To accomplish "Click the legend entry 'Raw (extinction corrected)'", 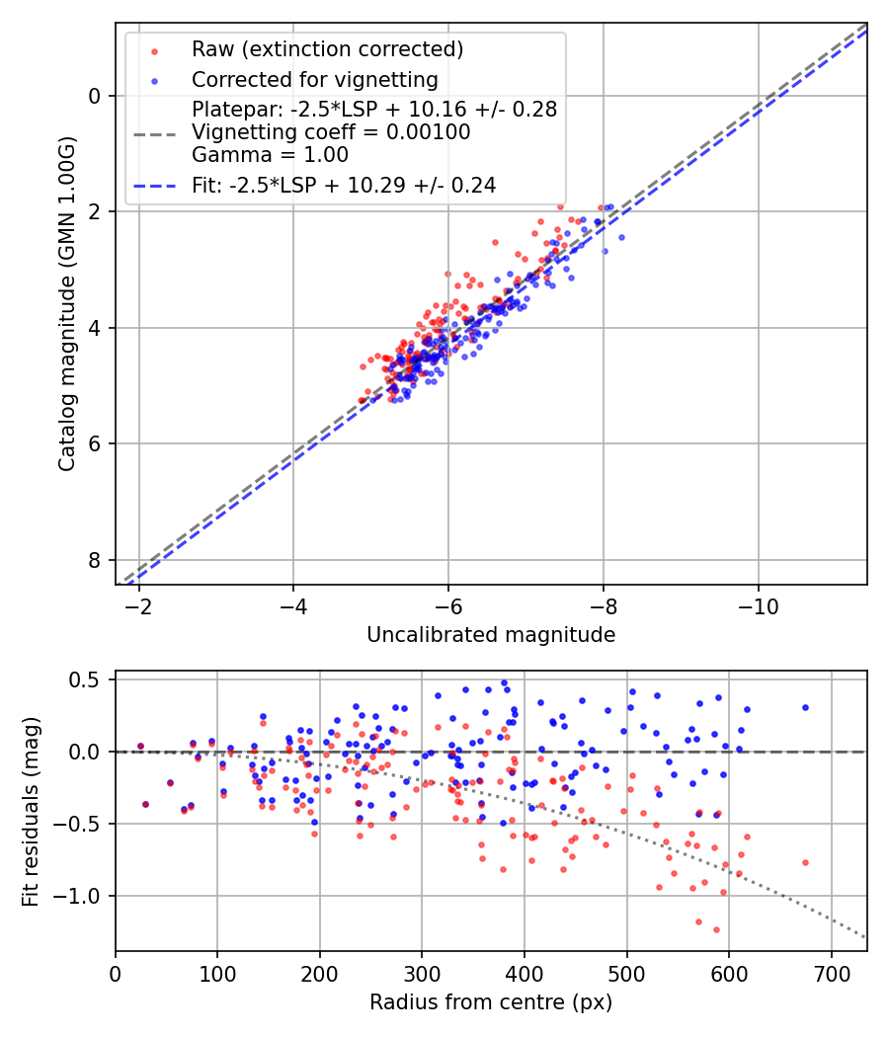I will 327,49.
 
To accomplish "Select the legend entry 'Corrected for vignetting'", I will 314,79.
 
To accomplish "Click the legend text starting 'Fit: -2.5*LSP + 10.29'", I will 344,185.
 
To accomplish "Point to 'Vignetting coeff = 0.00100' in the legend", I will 331,131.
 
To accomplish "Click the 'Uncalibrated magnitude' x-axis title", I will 491,635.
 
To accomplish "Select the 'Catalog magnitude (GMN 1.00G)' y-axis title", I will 66,303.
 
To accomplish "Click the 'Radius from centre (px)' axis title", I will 491,1002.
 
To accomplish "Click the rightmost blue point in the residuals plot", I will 805,707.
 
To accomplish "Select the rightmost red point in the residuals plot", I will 805,862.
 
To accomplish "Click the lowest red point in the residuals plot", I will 716,929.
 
